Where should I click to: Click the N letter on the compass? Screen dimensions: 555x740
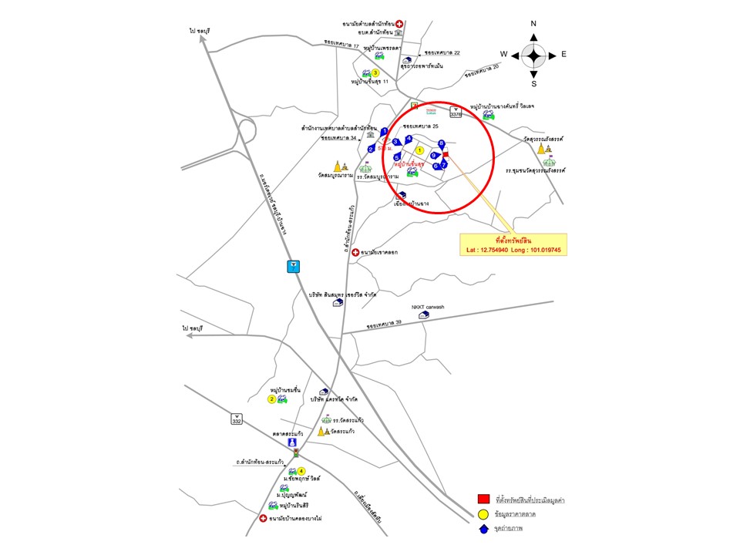(533, 24)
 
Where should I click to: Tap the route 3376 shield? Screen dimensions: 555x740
(456, 113)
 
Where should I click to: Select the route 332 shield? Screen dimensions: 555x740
(237, 419)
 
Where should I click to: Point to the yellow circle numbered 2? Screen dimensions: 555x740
(272, 399)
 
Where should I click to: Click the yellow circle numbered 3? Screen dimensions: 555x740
(375, 73)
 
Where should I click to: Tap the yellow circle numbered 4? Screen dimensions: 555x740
(301, 472)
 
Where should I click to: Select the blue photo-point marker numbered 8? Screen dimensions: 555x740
(442, 144)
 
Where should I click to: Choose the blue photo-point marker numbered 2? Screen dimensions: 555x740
(372, 149)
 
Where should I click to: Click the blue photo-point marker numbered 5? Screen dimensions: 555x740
(397, 157)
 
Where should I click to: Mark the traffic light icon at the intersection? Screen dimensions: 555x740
(296, 455)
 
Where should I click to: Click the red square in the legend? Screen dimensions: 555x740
(483, 499)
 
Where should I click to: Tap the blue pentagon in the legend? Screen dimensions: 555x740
(483, 528)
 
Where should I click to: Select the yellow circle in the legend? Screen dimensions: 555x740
(483, 513)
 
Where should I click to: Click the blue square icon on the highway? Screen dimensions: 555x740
(293, 267)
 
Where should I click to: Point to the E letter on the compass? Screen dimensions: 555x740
(563, 55)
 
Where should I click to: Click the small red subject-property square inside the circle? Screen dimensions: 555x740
(446, 154)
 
